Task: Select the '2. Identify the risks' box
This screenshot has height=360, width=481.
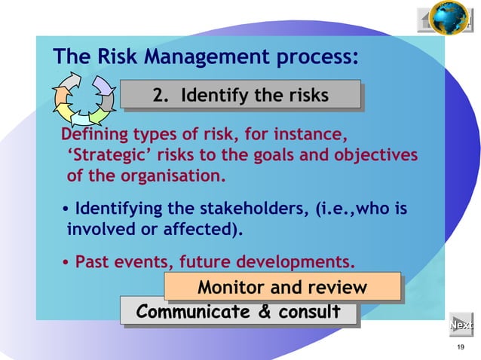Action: (240, 96)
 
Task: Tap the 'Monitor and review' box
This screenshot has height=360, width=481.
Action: (282, 288)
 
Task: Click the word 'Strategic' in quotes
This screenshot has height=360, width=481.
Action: (101, 156)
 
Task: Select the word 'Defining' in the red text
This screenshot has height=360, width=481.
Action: (93, 136)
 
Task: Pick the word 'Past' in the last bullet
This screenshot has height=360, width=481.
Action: (93, 263)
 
